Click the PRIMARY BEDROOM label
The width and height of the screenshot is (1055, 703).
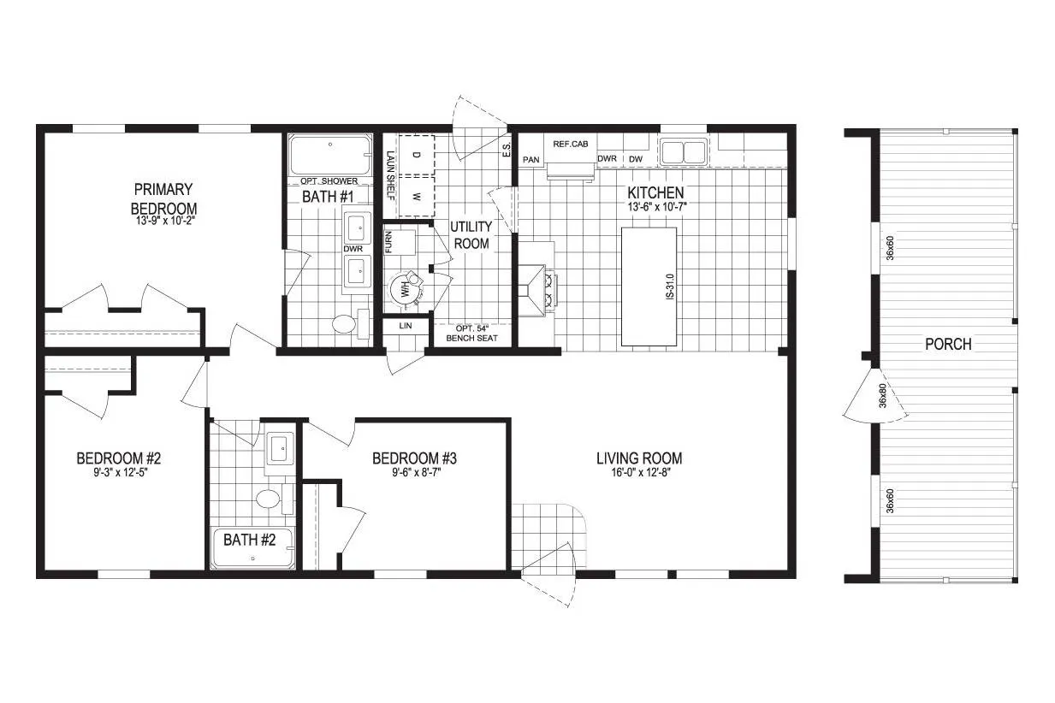click(163, 199)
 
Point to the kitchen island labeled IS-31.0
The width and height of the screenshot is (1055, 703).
click(649, 287)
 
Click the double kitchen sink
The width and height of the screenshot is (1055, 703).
click(684, 151)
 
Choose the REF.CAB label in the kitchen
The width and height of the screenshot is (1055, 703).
click(571, 144)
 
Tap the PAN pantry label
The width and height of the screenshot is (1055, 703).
click(530, 160)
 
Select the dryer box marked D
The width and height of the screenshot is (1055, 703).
click(417, 155)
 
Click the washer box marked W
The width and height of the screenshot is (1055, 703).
click(417, 197)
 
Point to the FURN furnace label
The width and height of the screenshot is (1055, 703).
click(388, 242)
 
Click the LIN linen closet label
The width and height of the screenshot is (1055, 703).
click(405, 325)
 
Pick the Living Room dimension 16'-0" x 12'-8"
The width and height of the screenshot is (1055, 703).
click(641, 473)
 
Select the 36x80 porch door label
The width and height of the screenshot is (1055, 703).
click(883, 395)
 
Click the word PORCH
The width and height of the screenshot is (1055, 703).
click(948, 344)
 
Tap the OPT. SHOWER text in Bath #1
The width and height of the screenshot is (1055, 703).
click(329, 180)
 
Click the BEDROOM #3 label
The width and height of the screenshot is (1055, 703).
click(414, 458)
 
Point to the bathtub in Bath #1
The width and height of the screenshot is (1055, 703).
click(330, 155)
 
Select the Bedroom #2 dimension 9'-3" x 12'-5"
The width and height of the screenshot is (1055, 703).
click(121, 473)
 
